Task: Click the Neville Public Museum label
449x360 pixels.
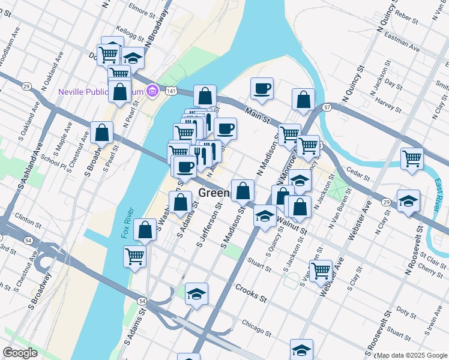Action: click(x=101, y=92)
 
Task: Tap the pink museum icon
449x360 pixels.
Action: click(x=153, y=91)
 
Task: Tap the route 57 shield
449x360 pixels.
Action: click(x=327, y=107)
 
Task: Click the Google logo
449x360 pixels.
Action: click(x=20, y=353)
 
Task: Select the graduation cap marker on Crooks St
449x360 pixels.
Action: click(x=196, y=294)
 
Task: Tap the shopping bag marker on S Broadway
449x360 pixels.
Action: click(x=101, y=132)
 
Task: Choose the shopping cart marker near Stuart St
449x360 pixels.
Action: click(x=321, y=270)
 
